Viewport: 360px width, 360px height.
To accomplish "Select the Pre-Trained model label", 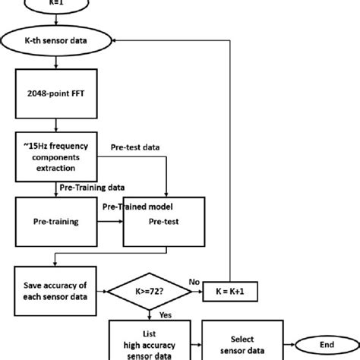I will tap(138, 206).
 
